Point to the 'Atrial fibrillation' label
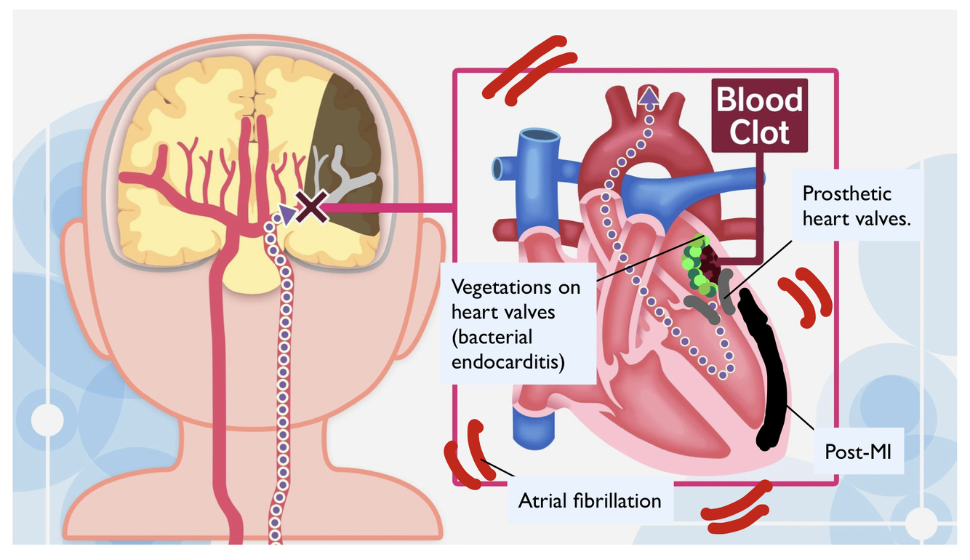coord(590,500)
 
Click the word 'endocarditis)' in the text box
coord(508,361)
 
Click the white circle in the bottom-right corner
coord(922,522)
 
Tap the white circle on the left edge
coord(48,420)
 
